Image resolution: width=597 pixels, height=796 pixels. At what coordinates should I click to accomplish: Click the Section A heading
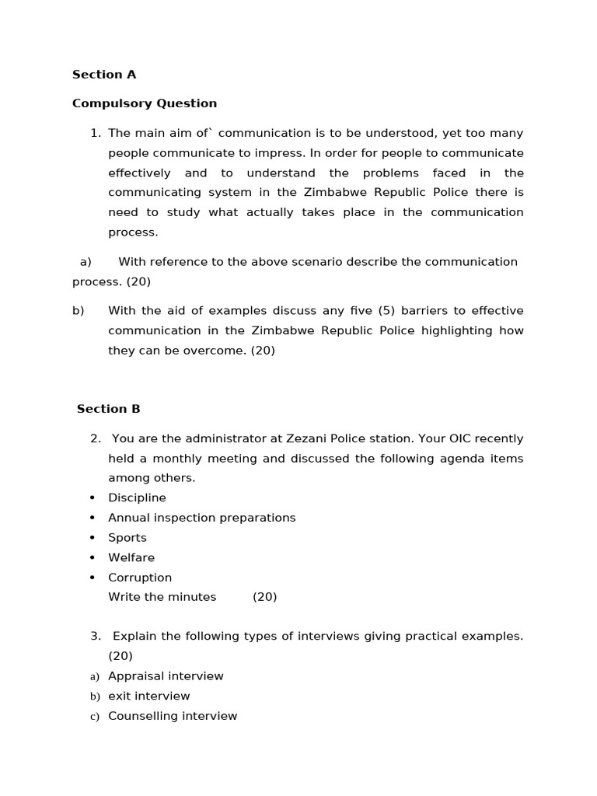(x=104, y=75)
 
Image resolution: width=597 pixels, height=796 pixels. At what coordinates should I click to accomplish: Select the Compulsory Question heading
(x=145, y=103)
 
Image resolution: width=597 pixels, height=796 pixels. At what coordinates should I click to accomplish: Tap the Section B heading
(x=109, y=409)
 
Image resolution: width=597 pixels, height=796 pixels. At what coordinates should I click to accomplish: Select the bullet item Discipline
(x=137, y=497)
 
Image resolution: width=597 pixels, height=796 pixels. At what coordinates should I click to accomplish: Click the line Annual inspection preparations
(x=201, y=518)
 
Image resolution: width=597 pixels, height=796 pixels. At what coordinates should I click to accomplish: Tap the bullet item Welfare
(x=131, y=557)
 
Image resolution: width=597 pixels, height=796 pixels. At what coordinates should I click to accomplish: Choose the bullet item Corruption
(x=140, y=578)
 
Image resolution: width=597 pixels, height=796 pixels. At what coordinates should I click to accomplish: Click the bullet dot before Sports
(x=93, y=538)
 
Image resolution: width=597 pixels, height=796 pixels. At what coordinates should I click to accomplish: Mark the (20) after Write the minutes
(x=264, y=597)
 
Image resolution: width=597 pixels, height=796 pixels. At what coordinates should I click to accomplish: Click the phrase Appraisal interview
(x=166, y=676)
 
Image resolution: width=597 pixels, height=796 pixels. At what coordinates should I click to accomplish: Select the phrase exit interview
(x=148, y=696)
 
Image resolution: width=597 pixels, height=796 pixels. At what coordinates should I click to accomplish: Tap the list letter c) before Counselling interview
(x=95, y=717)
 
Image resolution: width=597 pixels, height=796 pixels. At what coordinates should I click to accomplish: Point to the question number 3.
(x=95, y=636)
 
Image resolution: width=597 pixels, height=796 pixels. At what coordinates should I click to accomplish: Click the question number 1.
(x=95, y=133)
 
